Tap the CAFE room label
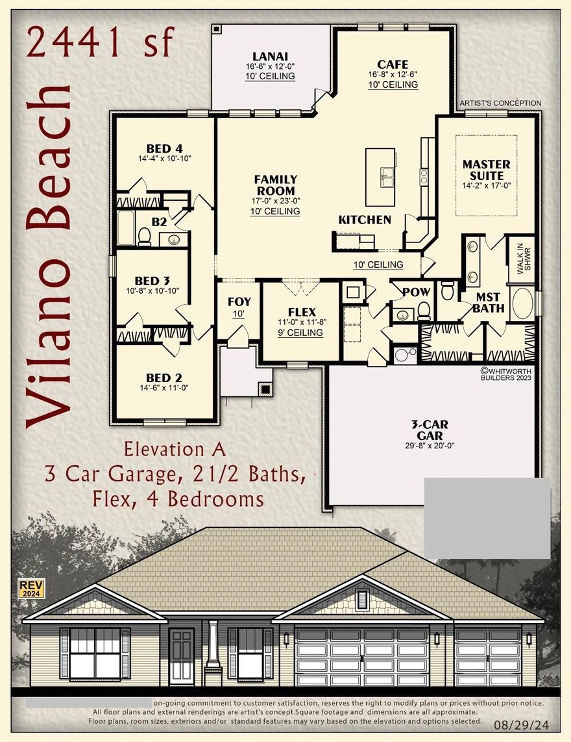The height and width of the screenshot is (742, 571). point(393,64)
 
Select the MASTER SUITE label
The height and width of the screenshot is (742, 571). point(486,170)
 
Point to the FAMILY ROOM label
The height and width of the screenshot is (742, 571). point(276,185)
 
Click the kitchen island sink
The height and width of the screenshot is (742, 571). point(387,175)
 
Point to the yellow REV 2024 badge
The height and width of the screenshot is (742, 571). point(29,589)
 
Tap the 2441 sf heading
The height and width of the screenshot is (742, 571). point(101,42)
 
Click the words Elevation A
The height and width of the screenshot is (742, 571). point(174,450)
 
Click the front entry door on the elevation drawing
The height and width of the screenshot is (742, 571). point(181,656)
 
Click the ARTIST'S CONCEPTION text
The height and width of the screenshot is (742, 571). point(500,103)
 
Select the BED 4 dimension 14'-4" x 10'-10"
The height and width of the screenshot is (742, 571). point(164,159)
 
